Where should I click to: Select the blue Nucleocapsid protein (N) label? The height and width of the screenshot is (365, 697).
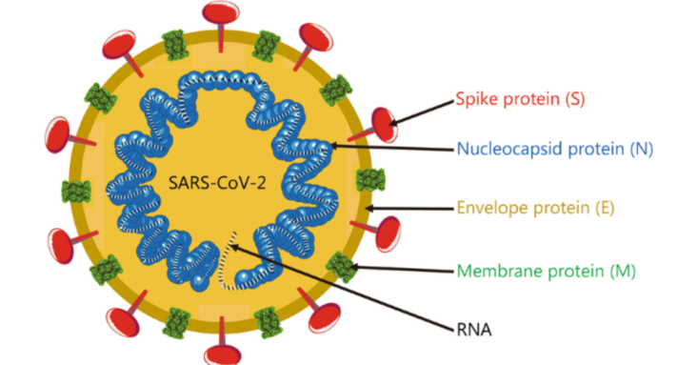[x=554, y=148]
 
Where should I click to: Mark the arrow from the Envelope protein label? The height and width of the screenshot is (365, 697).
[x=409, y=206]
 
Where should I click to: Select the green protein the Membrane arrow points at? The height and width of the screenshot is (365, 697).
[x=340, y=263]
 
